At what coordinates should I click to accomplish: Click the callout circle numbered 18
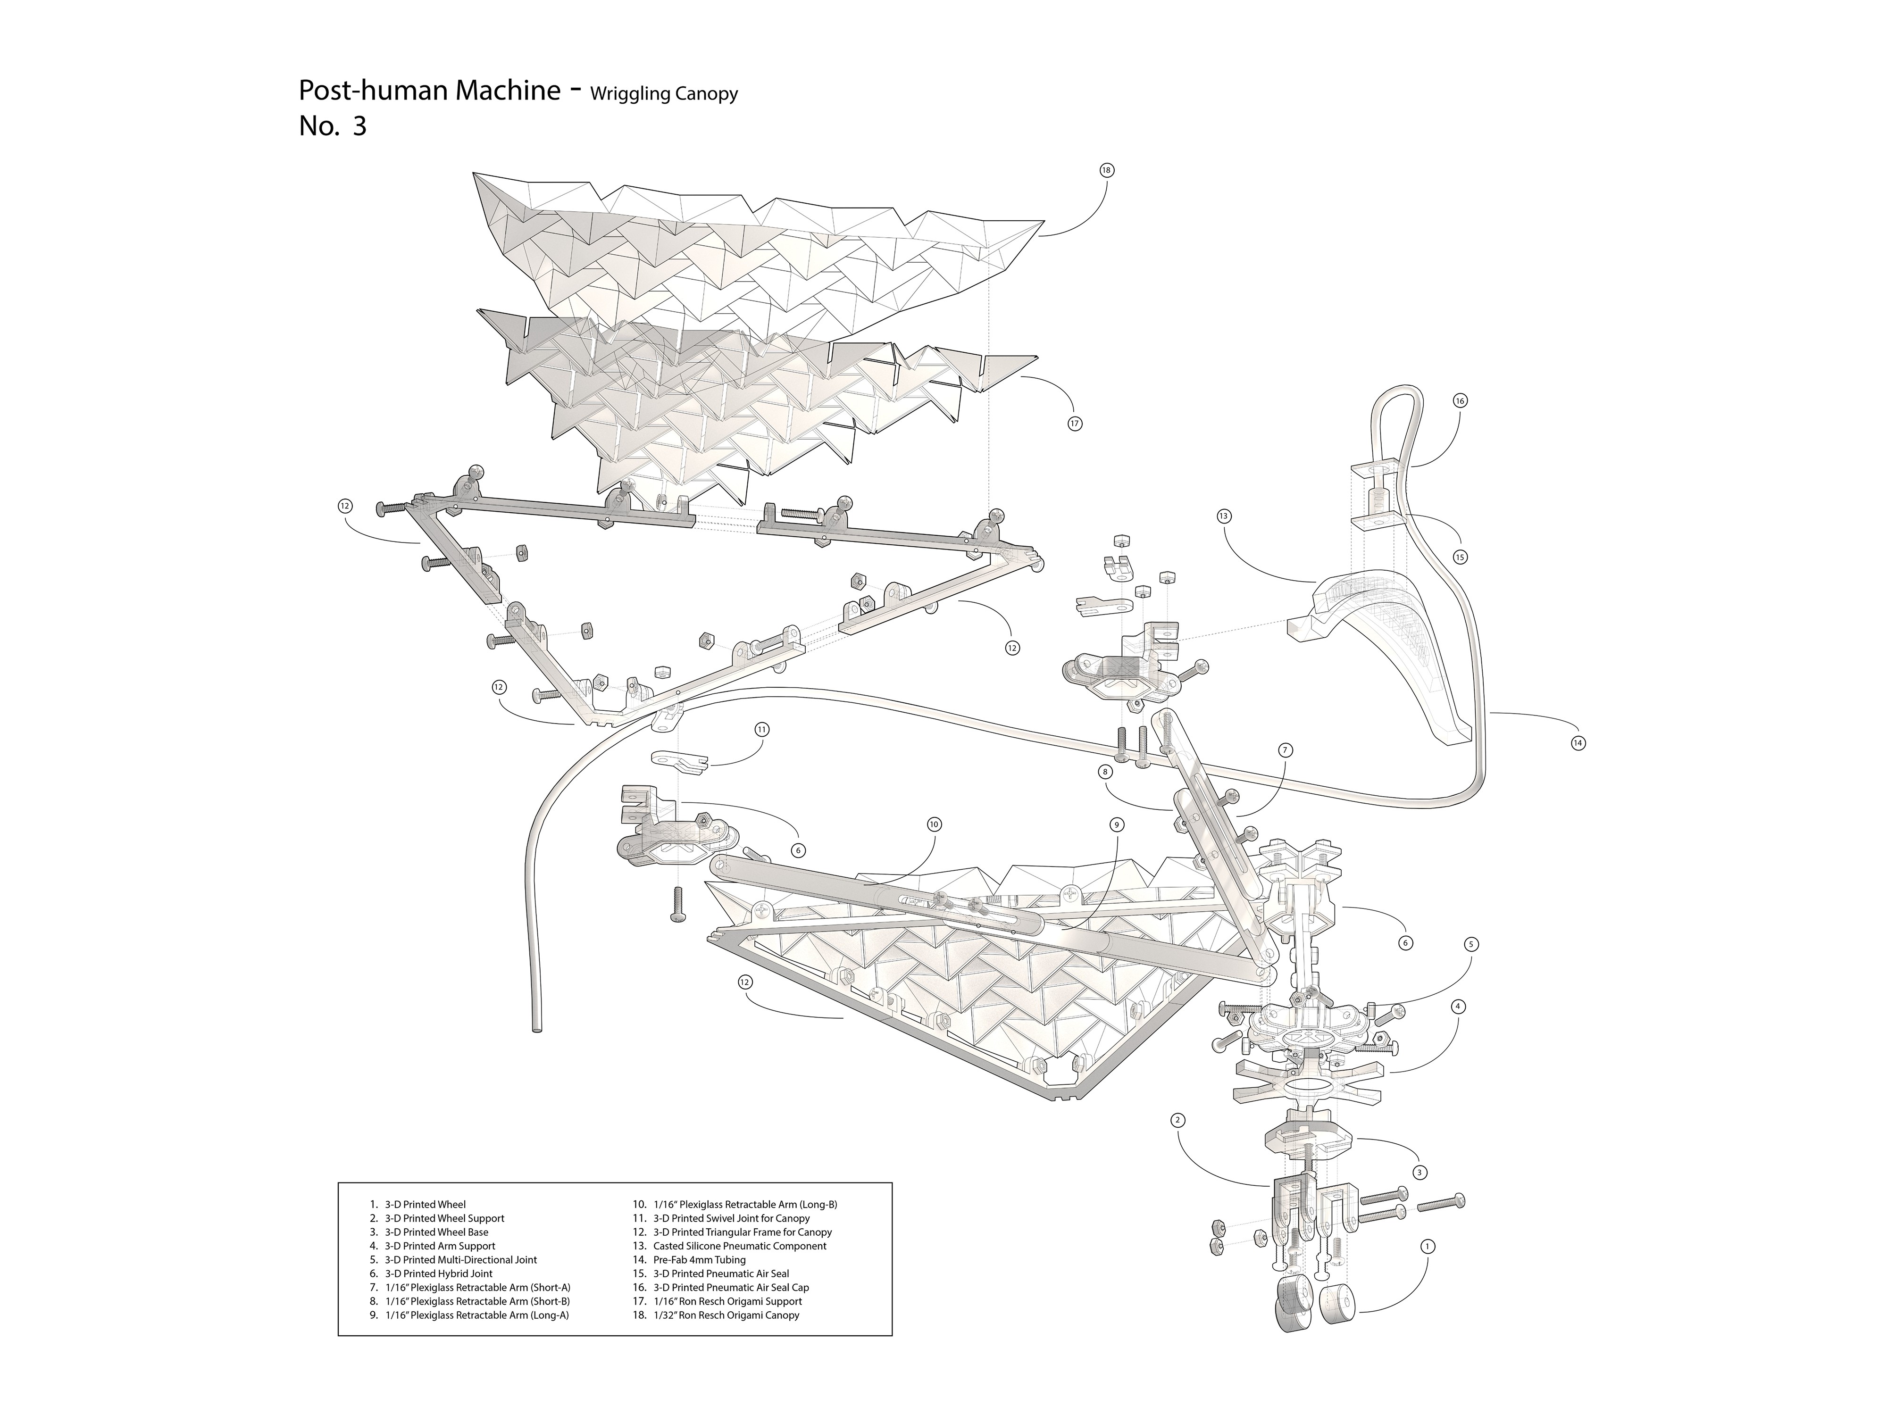pos(1106,171)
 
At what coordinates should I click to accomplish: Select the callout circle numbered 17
pos(1075,424)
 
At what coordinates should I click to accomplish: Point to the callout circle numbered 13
pos(1224,516)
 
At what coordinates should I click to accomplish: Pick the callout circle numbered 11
pos(762,729)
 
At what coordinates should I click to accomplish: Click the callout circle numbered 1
pos(1428,1246)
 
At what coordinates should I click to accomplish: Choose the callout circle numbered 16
pos(1461,401)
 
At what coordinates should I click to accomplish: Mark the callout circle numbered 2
pos(1178,1120)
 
